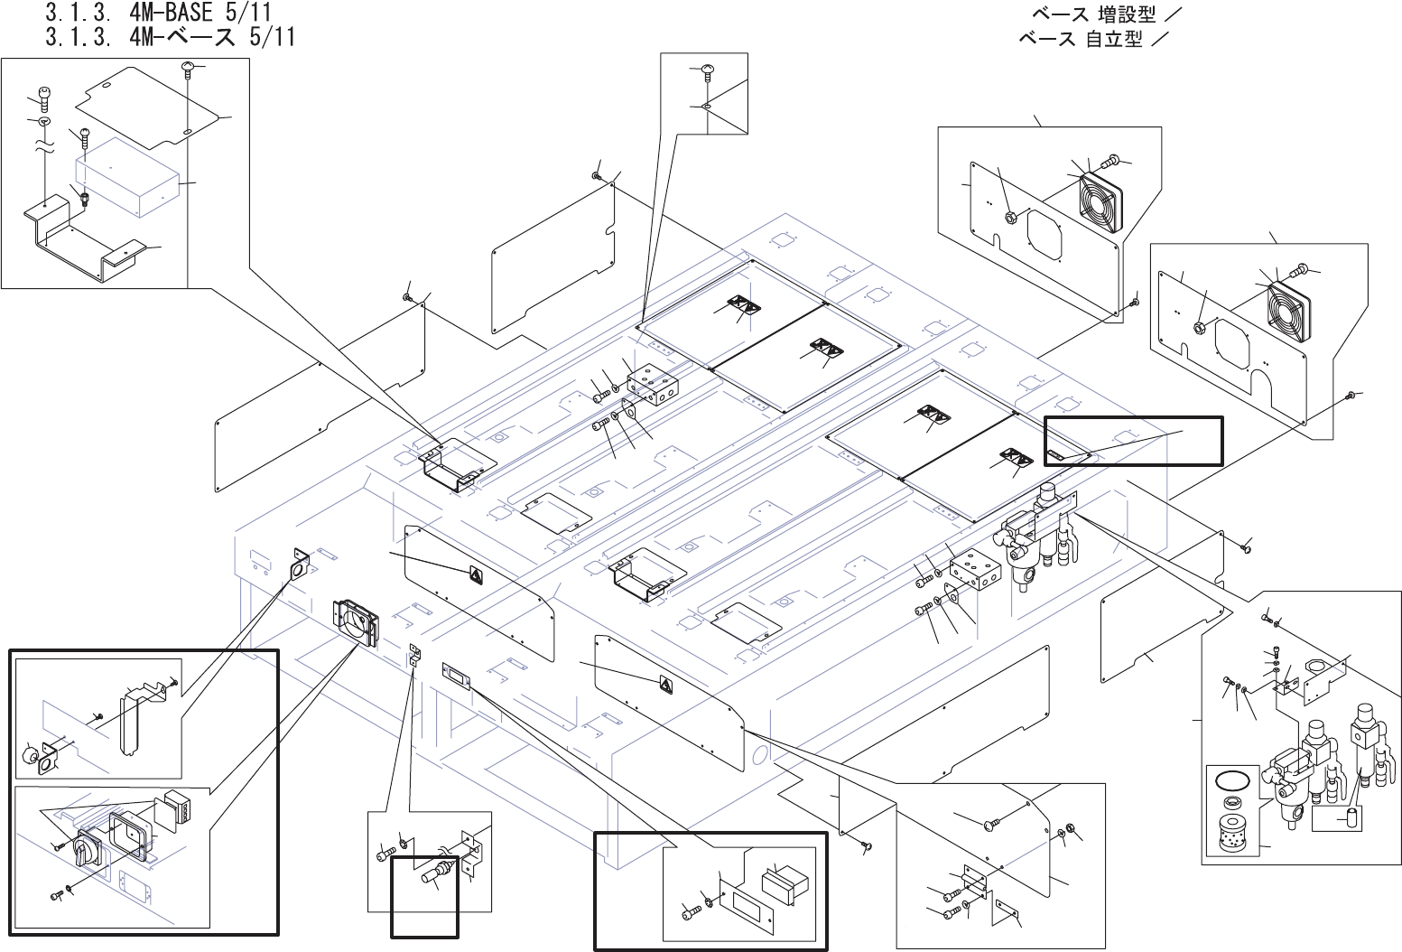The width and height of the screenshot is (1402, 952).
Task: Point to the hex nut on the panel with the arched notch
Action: click(x=1201, y=327)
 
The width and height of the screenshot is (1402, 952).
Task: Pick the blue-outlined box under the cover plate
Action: click(x=126, y=178)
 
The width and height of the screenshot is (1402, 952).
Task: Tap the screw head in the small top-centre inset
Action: click(x=707, y=70)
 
